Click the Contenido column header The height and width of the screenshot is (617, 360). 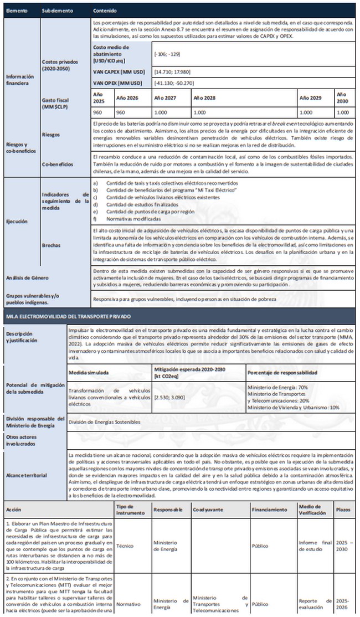pyautogui.click(x=105, y=11)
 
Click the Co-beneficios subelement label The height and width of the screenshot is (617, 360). pyautogui.click(x=58, y=164)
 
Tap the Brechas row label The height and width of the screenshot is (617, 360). pyautogui.click(x=51, y=244)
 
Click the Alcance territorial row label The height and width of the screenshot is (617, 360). pyautogui.click(x=26, y=475)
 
